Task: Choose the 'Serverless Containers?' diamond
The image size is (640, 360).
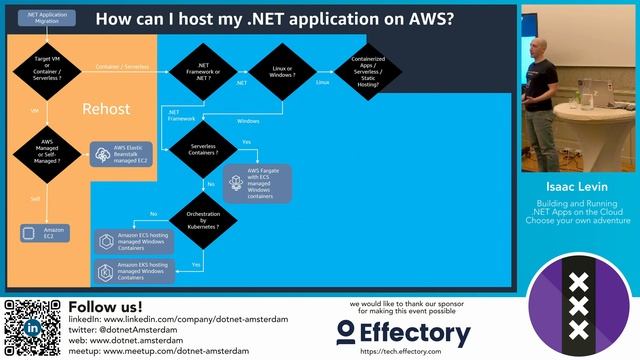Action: (x=203, y=150)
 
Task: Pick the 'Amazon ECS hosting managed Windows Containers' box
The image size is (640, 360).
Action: (x=135, y=241)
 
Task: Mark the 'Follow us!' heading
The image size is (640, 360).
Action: (x=103, y=306)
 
